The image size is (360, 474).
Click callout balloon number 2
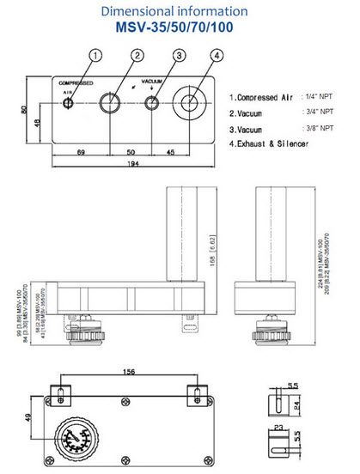coord(137,56)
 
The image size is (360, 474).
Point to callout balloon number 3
coord(178,56)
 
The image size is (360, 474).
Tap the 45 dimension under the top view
coord(172,151)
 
